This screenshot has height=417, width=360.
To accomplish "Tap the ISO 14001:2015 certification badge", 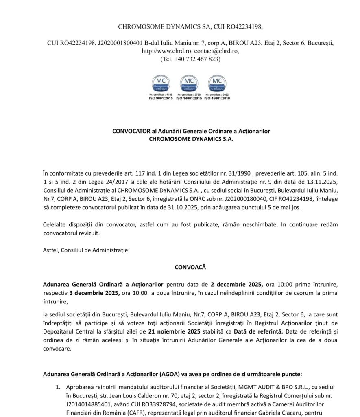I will pos(189,87).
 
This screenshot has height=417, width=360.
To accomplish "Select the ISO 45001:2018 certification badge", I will pos(217,87).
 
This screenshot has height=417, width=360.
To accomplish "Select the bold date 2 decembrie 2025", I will pos(237,284).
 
